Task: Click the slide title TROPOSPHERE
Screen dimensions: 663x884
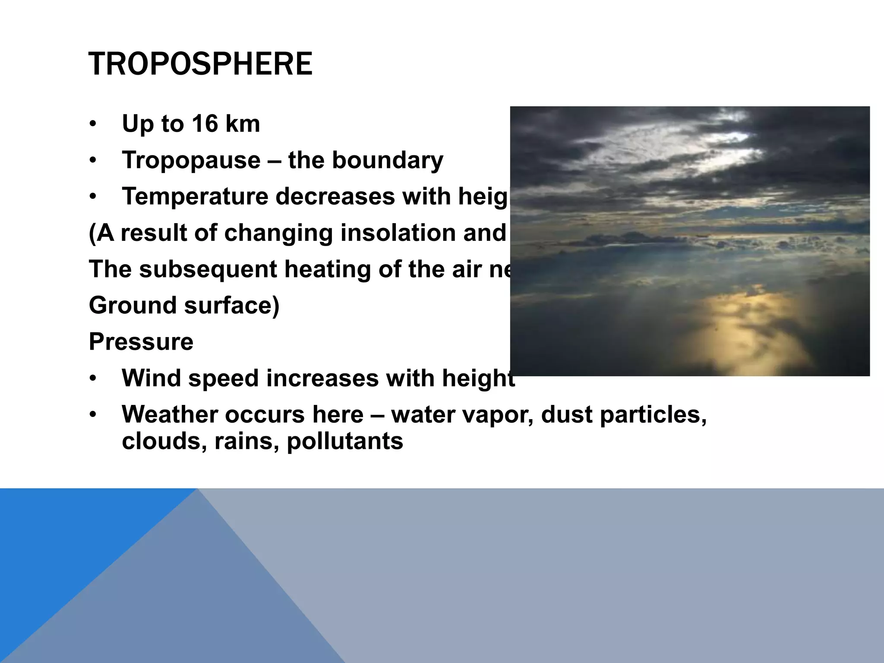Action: click(x=200, y=64)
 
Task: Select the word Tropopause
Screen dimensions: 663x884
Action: click(x=191, y=160)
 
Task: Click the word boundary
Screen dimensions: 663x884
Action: click(x=387, y=160)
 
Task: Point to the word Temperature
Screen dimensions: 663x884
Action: click(x=195, y=196)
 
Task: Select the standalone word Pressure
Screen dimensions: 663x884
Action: click(x=141, y=342)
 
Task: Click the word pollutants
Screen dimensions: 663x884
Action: click(x=345, y=441)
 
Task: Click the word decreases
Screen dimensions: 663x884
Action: click(x=335, y=196)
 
